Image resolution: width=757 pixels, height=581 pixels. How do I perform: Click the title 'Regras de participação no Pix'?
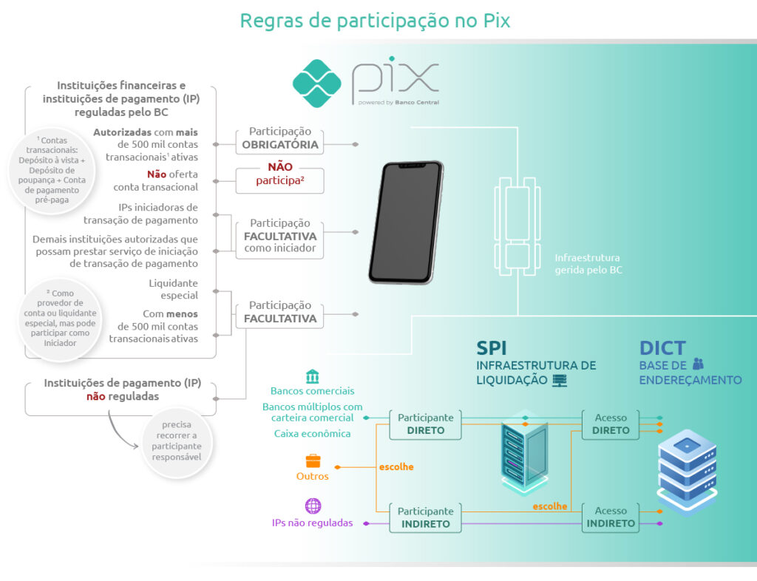[x=375, y=20]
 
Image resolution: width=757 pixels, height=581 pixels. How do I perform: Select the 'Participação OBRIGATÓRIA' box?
[x=280, y=138]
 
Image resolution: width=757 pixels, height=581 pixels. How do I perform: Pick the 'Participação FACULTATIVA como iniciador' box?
[x=280, y=236]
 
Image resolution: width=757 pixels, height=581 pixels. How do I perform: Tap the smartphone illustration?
[x=405, y=222]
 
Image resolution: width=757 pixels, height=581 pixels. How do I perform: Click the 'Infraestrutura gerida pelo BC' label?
[x=588, y=264]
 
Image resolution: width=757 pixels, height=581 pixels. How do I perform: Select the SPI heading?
[x=492, y=347]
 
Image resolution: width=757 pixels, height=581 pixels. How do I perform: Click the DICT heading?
[x=662, y=347]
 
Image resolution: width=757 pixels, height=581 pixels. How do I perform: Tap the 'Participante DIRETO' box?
[x=426, y=424]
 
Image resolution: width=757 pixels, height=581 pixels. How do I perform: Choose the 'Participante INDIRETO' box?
[x=426, y=517]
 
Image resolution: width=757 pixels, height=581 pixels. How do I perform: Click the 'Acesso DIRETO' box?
[x=611, y=424]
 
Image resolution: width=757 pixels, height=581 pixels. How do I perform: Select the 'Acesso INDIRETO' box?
[x=611, y=517]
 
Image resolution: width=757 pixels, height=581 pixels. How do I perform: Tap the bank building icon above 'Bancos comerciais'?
[x=313, y=376]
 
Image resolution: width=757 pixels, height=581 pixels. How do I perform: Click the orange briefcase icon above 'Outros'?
[x=313, y=461]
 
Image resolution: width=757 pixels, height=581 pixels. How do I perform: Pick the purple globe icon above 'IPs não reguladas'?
[x=313, y=506]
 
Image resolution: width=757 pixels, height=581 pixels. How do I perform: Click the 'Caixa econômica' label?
[x=312, y=434]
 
